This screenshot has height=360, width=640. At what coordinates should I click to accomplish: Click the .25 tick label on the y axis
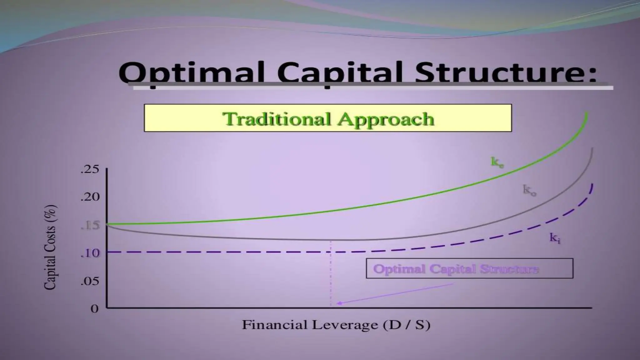(90, 170)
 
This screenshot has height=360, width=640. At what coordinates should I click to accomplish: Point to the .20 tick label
(90, 197)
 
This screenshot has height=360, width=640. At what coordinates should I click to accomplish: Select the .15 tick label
(90, 225)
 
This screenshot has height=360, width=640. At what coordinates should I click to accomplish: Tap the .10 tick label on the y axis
(90, 253)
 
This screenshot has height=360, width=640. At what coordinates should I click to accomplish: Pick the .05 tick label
(90, 281)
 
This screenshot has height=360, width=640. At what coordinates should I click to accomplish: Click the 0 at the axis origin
(94, 309)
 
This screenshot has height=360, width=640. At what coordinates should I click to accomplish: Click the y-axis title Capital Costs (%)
(50, 247)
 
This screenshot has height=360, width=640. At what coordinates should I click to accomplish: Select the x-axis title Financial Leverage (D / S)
(336, 325)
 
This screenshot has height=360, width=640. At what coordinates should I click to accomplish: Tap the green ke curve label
(497, 162)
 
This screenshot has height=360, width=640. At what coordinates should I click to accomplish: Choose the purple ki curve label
(555, 238)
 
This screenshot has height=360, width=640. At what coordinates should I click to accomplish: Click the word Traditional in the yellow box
(277, 119)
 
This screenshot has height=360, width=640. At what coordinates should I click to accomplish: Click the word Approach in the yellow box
(386, 119)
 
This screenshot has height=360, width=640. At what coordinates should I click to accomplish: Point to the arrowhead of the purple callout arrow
(338, 303)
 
